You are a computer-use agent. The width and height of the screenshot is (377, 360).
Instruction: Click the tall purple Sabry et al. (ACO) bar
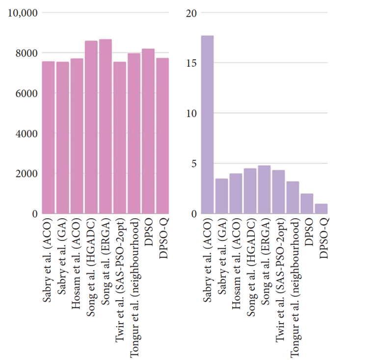[x=207, y=125]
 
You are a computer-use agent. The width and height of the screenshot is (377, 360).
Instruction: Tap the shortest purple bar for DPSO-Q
[x=322, y=209]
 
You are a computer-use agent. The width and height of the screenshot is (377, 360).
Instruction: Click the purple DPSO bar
[x=307, y=204]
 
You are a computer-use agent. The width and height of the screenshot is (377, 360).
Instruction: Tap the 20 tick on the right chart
[x=191, y=13]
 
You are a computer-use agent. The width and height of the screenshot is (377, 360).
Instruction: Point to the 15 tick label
[x=191, y=63]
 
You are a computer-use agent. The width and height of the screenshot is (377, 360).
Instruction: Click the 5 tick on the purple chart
[x=193, y=164]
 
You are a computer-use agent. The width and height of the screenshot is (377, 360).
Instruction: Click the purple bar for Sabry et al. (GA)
[x=221, y=196]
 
